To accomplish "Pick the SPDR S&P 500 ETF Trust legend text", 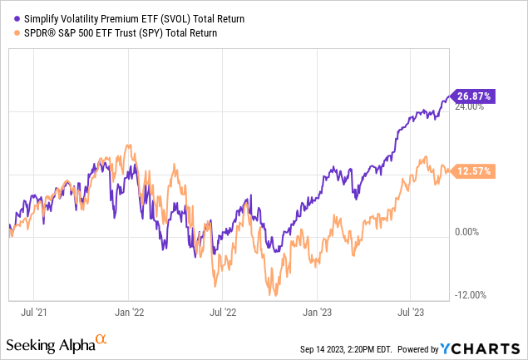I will coord(117,33).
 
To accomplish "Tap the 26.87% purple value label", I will coord(473,96).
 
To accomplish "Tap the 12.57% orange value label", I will coord(473,171).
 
